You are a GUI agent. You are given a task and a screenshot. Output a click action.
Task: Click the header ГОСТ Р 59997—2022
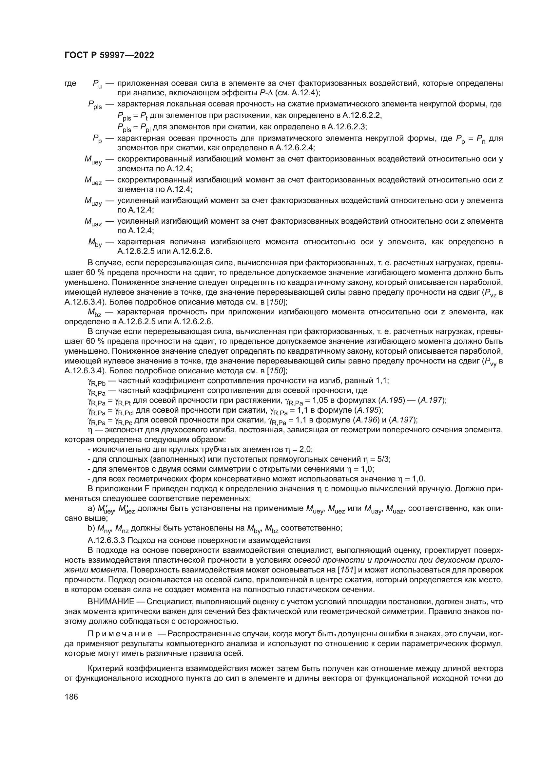109,55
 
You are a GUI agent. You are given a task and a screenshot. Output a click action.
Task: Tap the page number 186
71,697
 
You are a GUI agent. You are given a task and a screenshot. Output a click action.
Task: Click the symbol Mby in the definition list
95,243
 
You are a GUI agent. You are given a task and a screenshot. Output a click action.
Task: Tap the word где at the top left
70,83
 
